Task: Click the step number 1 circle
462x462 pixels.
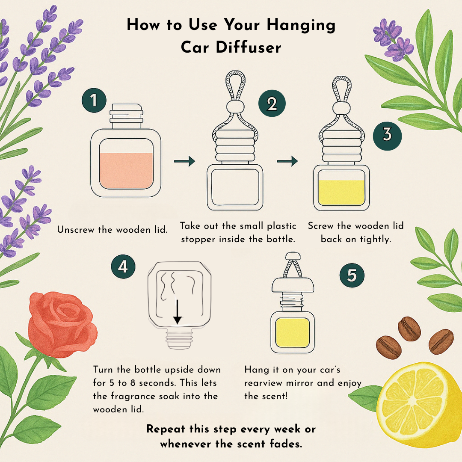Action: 94,100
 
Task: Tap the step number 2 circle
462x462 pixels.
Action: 272,104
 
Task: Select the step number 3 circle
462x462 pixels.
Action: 387,136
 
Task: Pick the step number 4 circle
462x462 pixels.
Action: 123,267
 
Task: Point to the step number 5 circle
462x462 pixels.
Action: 352,275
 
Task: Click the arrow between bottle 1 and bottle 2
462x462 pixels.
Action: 184,161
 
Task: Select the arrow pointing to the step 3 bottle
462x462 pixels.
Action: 287,161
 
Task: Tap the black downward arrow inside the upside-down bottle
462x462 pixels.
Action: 178,312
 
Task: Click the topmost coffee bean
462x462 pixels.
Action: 409,329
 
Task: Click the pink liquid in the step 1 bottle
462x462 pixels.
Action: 126,171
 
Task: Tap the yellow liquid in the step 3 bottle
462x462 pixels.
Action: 341,192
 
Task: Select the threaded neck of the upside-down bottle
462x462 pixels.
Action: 179,339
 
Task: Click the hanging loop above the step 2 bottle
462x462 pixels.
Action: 235,86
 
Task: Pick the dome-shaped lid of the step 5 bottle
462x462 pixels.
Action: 293,285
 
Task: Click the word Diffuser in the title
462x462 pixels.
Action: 249,47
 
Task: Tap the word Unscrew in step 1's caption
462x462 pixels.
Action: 76,229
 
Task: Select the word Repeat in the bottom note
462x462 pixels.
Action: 166,429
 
